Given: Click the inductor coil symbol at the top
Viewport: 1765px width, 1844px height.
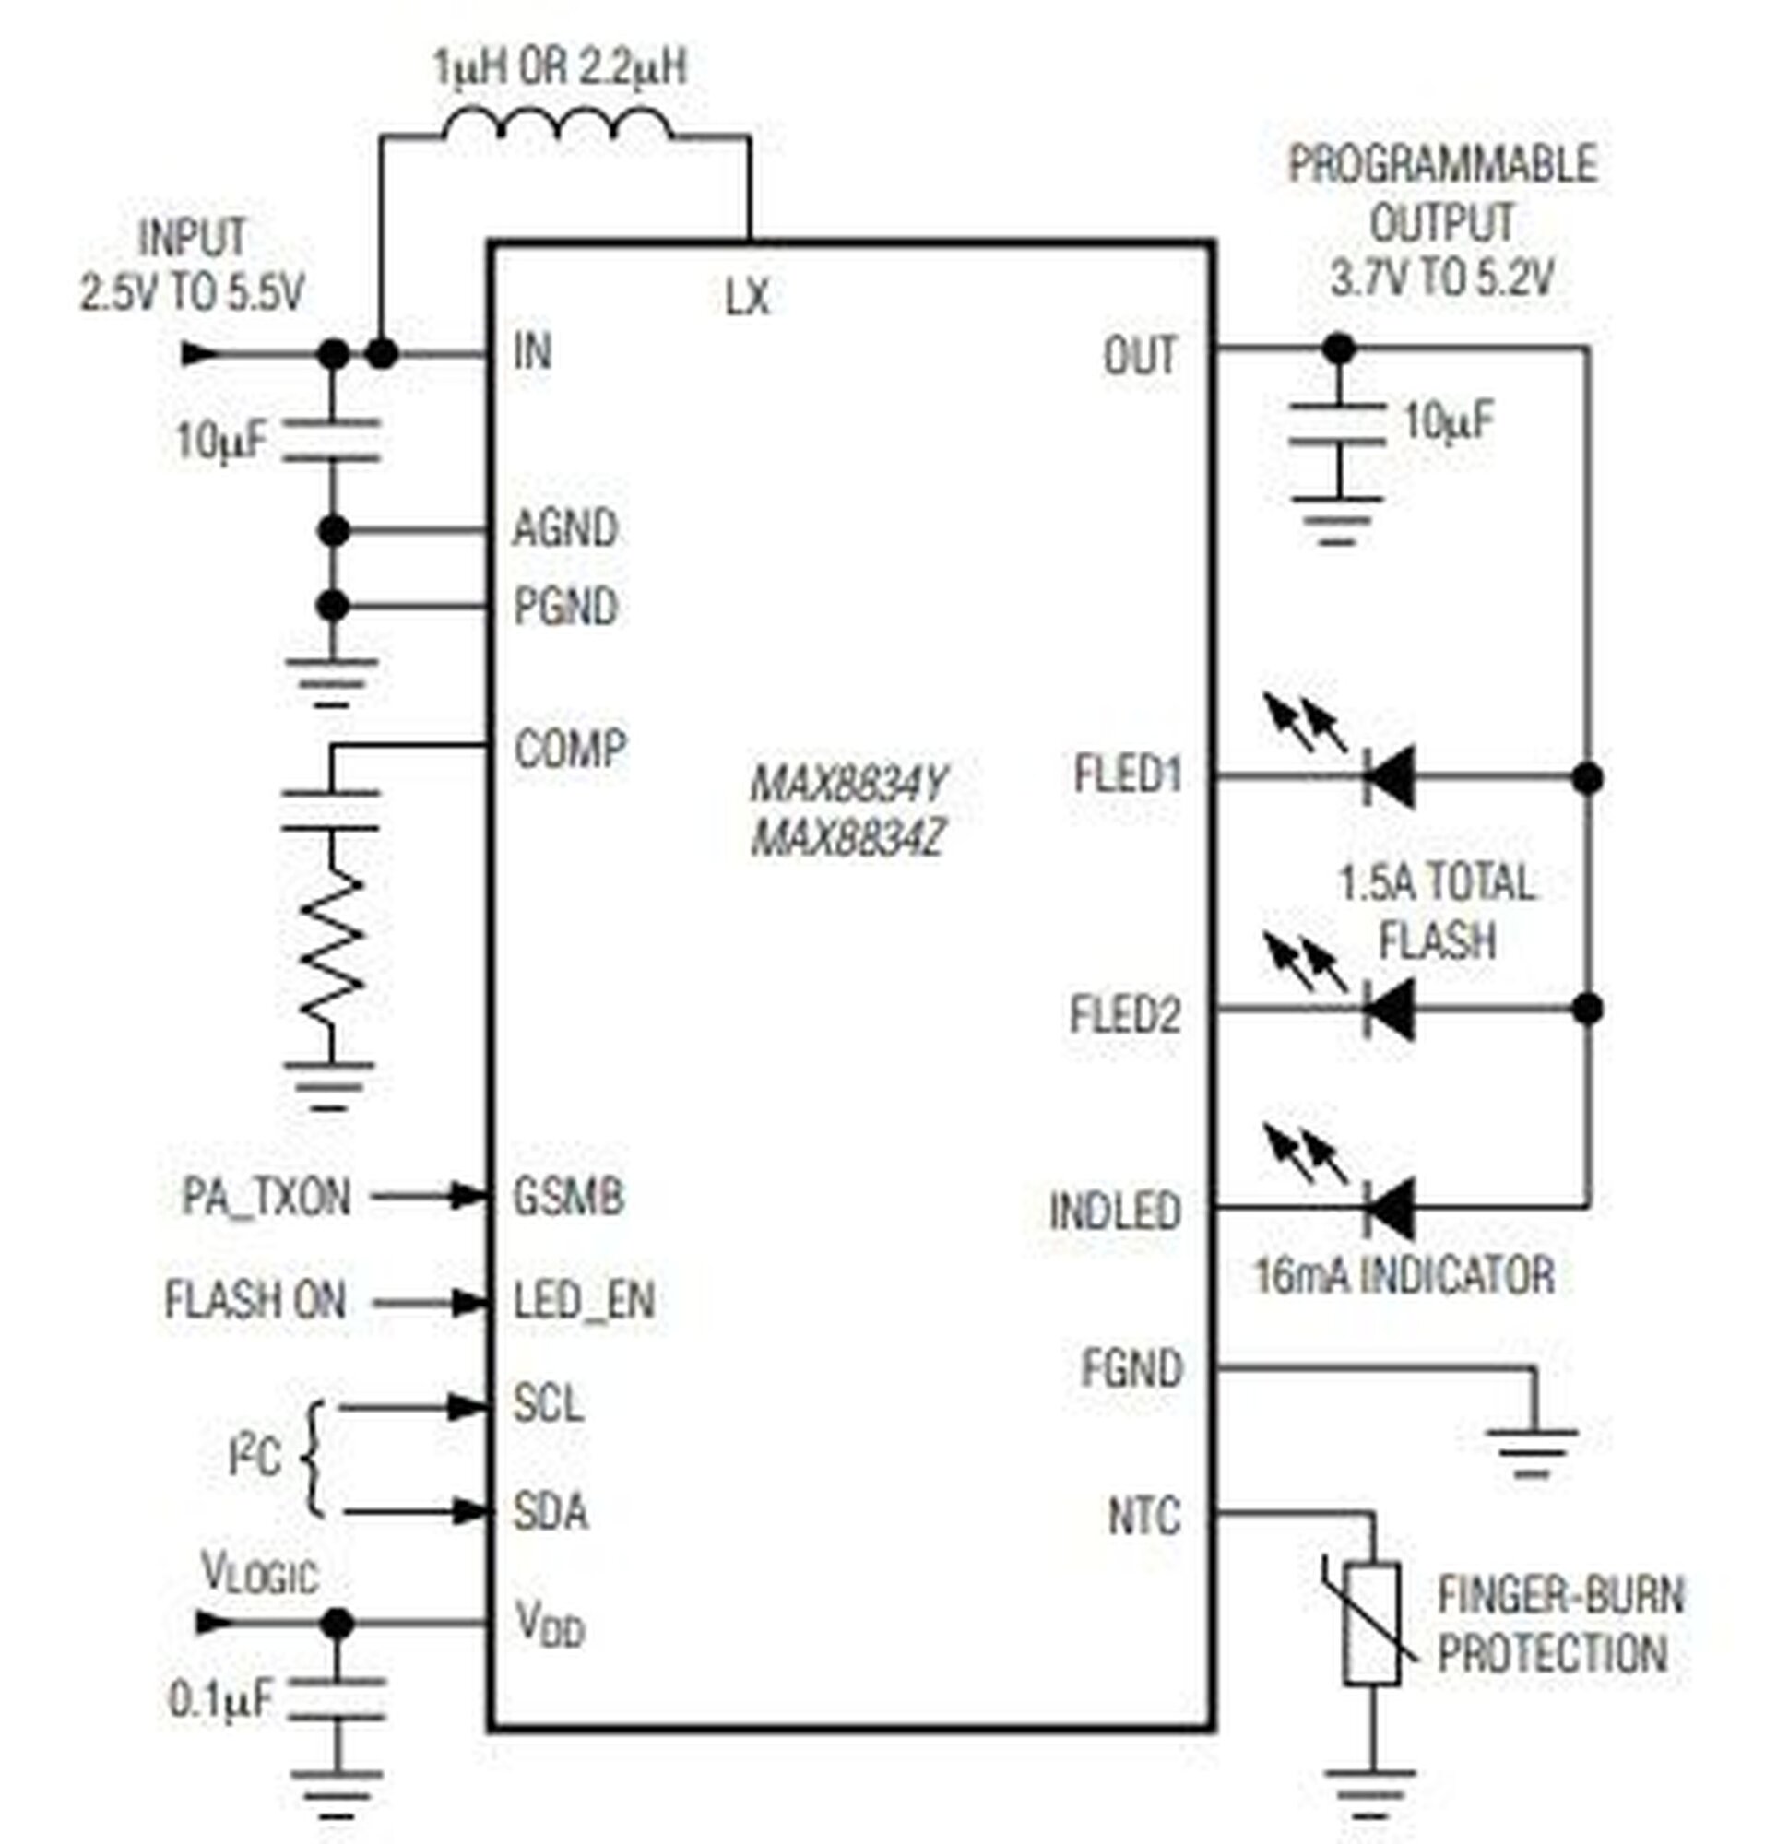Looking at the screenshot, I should click(557, 124).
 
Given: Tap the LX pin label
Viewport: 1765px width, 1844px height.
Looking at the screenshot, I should click(748, 298).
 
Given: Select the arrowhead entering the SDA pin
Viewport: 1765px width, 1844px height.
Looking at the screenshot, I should click(468, 1512).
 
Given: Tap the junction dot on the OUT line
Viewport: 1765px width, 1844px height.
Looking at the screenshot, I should click(1339, 349).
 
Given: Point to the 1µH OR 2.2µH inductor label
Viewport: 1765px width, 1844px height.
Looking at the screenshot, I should click(561, 67).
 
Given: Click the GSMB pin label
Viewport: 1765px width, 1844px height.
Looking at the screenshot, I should click(568, 1198).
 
